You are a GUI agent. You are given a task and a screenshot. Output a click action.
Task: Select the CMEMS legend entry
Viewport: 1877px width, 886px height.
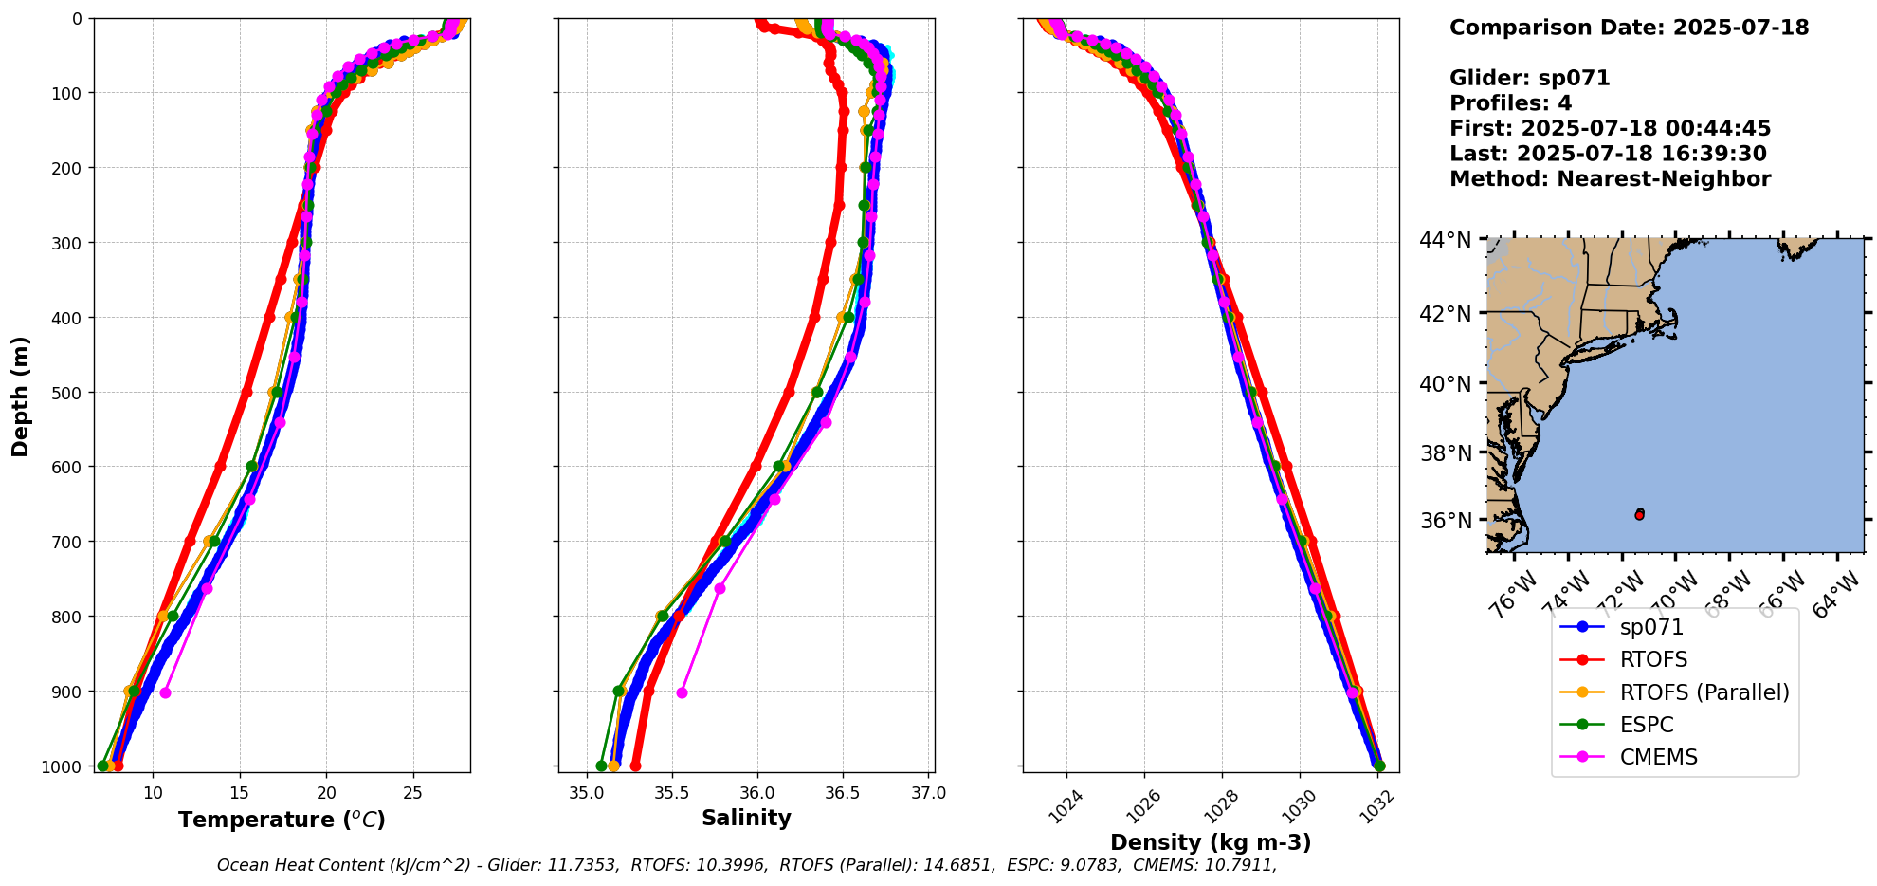click(1658, 757)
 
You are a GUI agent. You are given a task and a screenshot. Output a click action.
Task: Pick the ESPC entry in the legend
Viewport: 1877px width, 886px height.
click(1647, 725)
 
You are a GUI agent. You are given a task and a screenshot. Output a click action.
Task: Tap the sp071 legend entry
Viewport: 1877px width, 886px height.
click(1651, 627)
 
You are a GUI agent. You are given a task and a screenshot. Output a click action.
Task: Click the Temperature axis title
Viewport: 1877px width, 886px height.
click(282, 820)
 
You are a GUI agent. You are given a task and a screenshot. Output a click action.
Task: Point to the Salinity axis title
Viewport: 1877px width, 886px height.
click(746, 818)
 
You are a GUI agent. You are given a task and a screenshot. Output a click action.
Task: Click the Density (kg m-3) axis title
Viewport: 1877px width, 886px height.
click(1211, 842)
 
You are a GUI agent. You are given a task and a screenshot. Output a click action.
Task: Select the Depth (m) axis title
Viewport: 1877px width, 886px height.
click(21, 396)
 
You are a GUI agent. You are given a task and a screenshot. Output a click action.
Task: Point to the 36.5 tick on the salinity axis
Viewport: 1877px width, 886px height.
click(842, 793)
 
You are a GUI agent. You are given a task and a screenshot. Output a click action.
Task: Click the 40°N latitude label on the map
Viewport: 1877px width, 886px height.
click(1445, 384)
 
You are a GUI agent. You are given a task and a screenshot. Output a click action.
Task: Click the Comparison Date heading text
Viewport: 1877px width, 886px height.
click(1629, 28)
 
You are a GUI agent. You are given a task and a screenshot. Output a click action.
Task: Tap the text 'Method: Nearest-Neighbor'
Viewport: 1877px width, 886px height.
click(1610, 178)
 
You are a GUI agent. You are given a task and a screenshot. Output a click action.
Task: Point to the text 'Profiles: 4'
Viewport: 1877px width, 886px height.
click(1510, 102)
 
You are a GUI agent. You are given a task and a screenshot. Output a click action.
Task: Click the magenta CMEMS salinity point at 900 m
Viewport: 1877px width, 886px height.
click(682, 692)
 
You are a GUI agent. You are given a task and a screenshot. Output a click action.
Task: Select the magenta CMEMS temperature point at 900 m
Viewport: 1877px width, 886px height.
click(165, 692)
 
